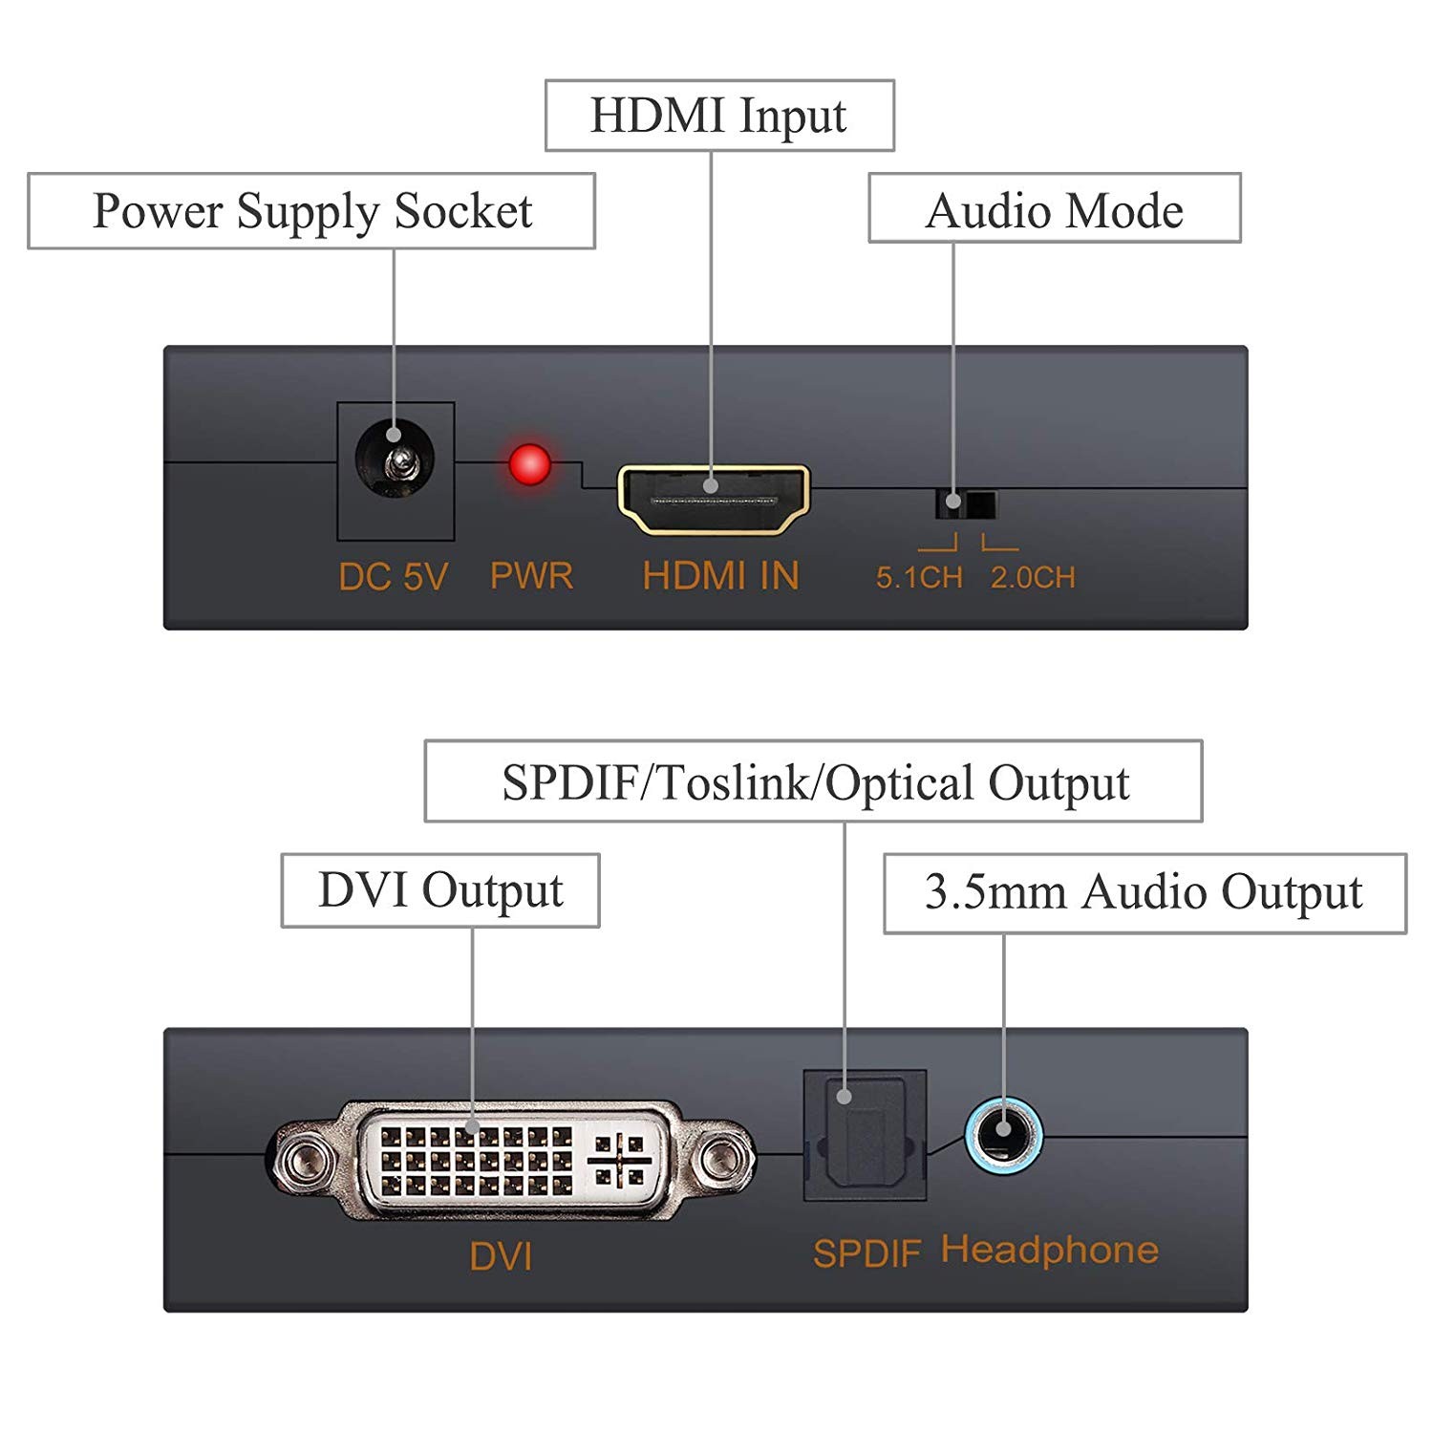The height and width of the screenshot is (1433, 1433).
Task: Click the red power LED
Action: tap(529, 465)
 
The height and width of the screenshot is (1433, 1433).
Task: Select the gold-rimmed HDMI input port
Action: tap(714, 499)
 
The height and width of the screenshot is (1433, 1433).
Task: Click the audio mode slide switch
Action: tap(966, 503)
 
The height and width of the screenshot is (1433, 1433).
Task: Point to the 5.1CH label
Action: tap(919, 578)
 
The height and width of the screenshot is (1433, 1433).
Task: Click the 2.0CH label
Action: tap(1033, 578)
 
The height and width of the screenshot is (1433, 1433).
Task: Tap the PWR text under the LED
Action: tap(531, 576)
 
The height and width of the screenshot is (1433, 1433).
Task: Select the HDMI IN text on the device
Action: tap(720, 576)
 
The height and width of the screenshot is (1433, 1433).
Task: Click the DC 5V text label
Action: tap(393, 577)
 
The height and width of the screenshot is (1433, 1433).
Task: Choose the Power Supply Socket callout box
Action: tap(311, 211)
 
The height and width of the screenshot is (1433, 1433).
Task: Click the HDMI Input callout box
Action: tap(719, 116)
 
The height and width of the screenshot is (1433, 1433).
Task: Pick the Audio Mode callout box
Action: tap(1055, 208)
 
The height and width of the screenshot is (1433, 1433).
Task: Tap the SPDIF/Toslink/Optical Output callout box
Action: tap(813, 781)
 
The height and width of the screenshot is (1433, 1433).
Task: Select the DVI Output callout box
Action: tap(440, 890)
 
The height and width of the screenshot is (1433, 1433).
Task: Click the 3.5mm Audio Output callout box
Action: tap(1144, 892)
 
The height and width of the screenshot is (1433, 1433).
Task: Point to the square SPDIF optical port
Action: tap(866, 1134)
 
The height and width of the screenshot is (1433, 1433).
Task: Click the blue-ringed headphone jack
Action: tap(1002, 1133)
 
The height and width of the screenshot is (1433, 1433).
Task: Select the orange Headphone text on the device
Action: tap(1049, 1250)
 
